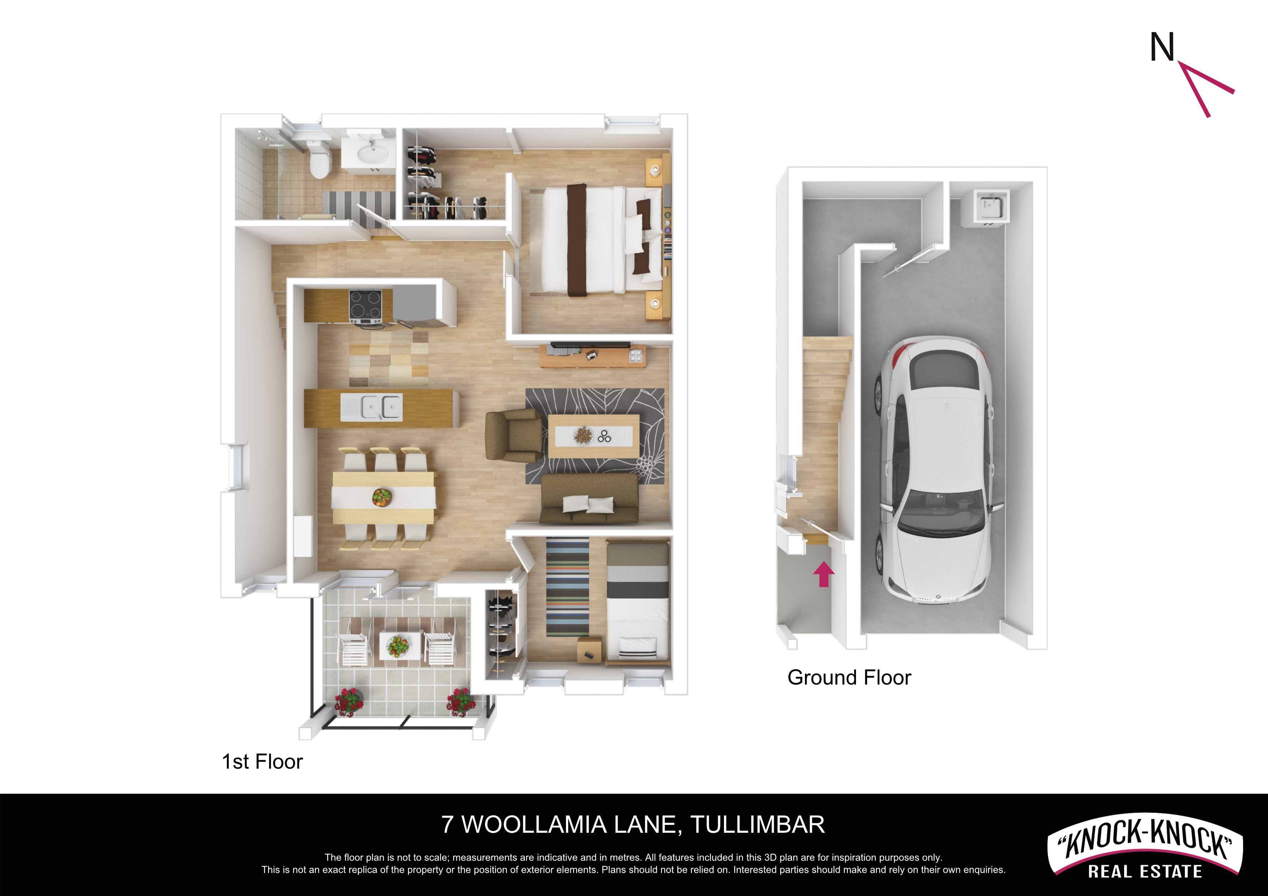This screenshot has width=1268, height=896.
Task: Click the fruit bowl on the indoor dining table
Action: [x=382, y=497]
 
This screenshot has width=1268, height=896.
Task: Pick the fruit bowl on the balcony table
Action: [x=398, y=645]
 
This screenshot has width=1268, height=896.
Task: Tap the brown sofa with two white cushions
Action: [x=589, y=499]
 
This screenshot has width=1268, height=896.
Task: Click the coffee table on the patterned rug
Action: [x=594, y=436]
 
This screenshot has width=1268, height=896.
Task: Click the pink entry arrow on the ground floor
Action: [x=823, y=574]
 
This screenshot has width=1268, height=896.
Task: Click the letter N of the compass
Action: [x=1162, y=47]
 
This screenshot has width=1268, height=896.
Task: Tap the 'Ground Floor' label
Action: [x=849, y=677]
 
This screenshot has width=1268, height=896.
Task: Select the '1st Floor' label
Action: [x=262, y=762]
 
